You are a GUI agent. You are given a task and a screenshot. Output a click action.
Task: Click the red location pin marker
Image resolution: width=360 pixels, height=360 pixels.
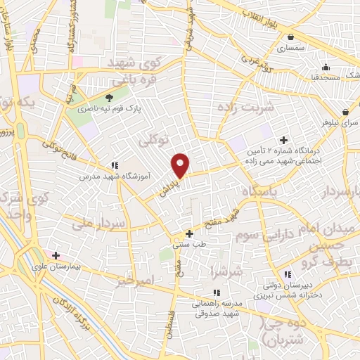coord(181,165)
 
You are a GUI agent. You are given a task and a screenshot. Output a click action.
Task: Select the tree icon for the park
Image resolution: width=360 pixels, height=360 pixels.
coord(109,98)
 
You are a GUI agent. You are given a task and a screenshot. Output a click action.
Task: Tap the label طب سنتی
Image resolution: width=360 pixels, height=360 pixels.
coord(188,245)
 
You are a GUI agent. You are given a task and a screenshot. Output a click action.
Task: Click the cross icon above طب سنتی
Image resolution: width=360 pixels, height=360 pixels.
coord(188,233)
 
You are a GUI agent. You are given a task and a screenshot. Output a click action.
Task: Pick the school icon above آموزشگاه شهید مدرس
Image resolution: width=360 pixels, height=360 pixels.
coord(115,166)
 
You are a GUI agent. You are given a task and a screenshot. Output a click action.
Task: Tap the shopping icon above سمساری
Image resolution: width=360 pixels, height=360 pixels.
coord(290,37)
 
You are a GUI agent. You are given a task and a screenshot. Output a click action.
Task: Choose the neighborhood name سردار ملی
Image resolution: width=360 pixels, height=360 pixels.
coord(98,225)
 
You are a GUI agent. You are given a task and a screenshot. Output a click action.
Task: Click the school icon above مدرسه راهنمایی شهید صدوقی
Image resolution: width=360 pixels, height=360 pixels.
coord(217,292)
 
